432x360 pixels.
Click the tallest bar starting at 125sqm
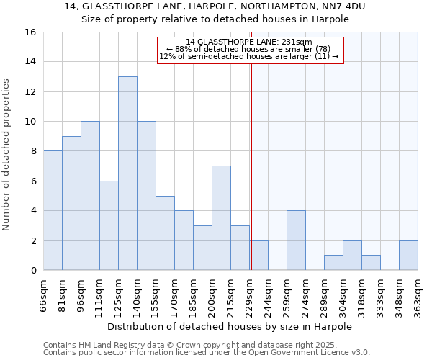pos(127,174)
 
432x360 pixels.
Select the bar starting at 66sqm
pos(53,210)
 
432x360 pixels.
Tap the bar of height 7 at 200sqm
pos(221,218)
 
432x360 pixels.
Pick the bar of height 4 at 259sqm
pos(296,240)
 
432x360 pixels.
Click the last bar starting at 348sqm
pos(408,256)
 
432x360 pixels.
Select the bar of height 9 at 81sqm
pos(71,203)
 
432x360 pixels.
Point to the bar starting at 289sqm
pos(333,263)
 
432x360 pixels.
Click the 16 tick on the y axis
pos(31,32)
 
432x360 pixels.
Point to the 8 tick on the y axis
pos(33,151)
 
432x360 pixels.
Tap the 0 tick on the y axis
pos(33,271)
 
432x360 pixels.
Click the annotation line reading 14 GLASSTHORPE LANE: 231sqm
pos(249,42)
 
